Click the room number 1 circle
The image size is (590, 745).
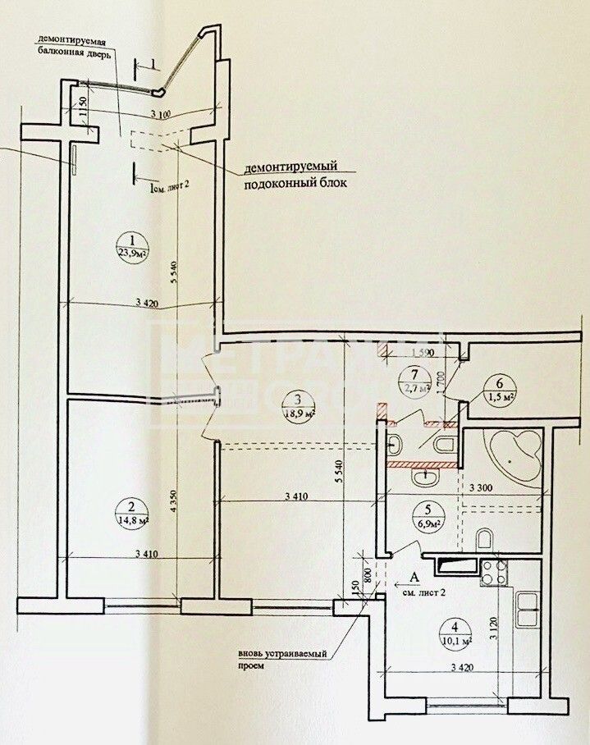[128, 240]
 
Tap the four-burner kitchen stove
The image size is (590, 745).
[494, 572]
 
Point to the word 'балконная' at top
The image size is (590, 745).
[64, 52]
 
